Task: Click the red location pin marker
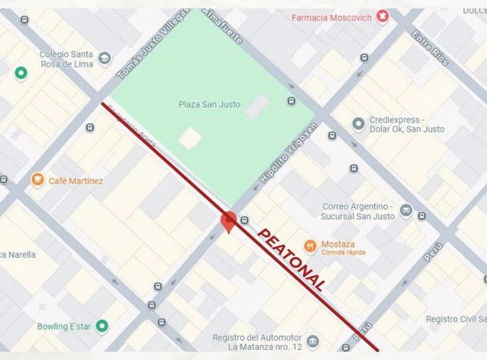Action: (x=229, y=221)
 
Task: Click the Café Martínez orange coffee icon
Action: (x=38, y=180)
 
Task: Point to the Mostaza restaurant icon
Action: (x=310, y=246)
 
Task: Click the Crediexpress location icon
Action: (x=358, y=124)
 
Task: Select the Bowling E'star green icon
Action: (x=102, y=326)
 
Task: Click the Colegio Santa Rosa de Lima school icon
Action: (x=104, y=59)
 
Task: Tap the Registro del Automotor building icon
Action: (x=312, y=341)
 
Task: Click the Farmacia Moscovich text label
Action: (x=331, y=18)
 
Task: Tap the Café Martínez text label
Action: (x=76, y=181)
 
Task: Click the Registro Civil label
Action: (x=456, y=319)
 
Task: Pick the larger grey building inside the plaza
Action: (x=257, y=107)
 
